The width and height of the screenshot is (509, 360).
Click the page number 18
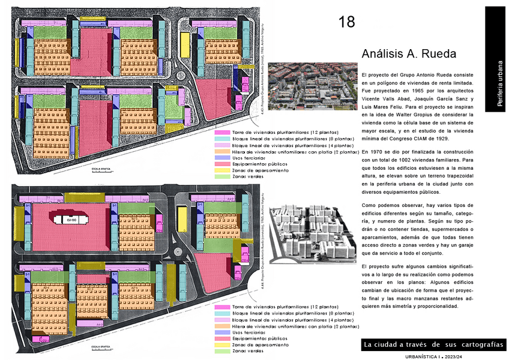tap(347, 23)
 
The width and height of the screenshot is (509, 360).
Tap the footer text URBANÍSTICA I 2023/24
tap(435, 356)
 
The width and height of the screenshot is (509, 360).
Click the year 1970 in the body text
tap(376, 152)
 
